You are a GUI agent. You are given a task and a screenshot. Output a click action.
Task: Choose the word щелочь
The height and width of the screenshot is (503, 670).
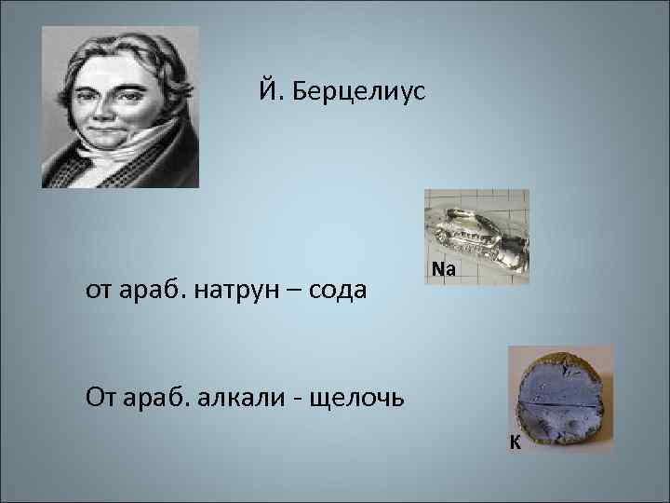359,400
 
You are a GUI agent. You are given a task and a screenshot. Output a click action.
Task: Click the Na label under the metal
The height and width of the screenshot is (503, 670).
444,270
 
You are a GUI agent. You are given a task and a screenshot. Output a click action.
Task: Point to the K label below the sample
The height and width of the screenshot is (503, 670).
514,442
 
